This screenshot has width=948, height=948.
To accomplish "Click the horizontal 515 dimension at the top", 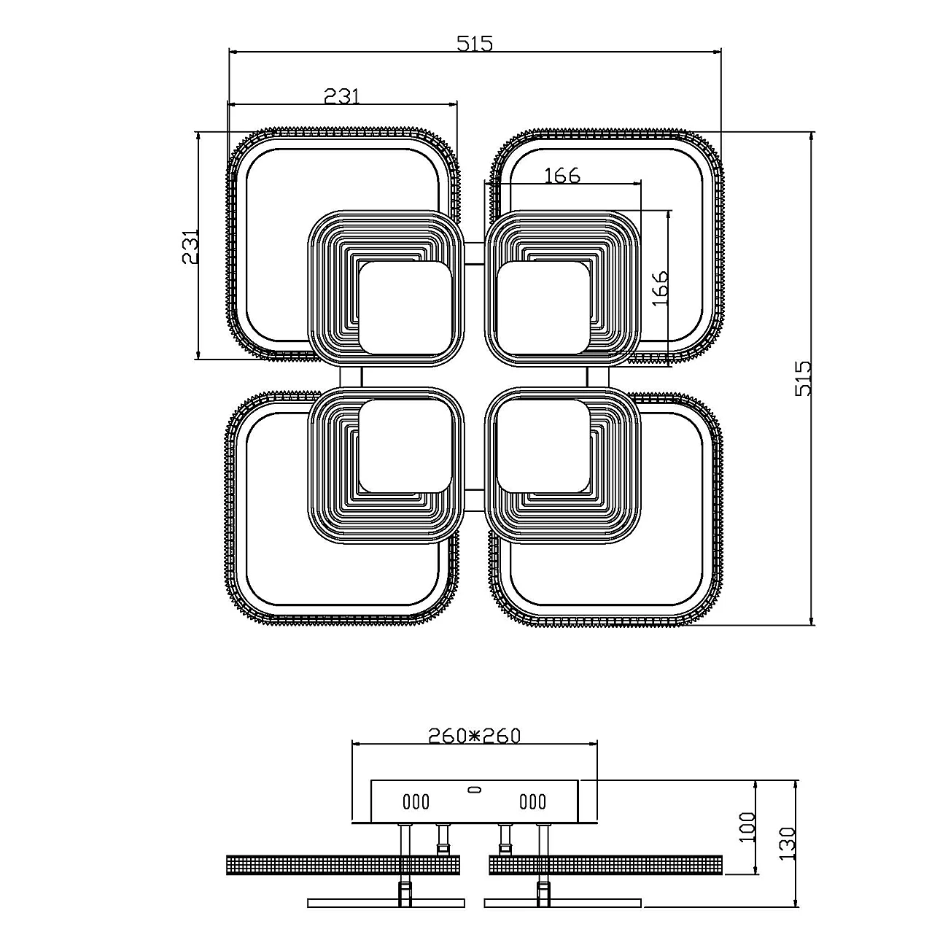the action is click(474, 44).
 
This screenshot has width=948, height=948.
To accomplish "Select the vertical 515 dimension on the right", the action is click(803, 378).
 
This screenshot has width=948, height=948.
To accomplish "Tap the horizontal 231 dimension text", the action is click(342, 96).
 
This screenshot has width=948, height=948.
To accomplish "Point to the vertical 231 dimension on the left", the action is click(190, 246).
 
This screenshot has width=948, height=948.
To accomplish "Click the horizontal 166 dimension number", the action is click(562, 175).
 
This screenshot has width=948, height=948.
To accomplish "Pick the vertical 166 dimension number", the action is click(660, 288).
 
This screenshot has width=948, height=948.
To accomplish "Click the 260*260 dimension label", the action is click(474, 749).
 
